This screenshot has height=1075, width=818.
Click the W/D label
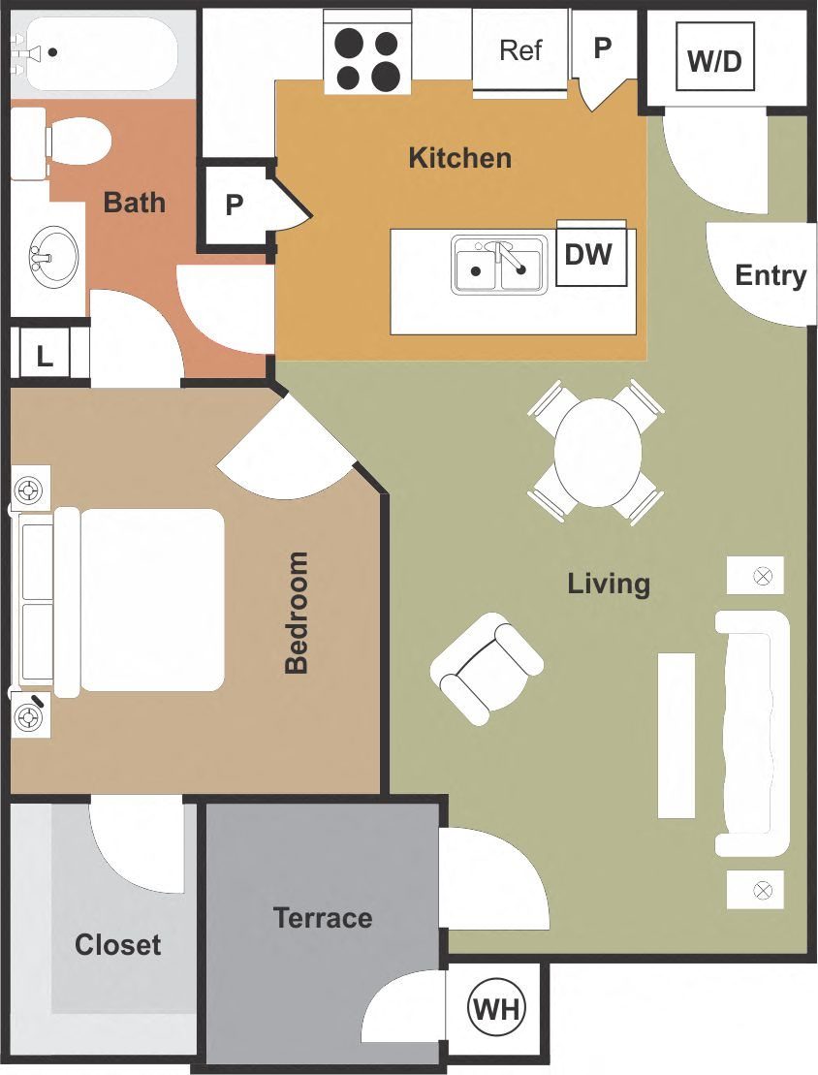click(x=714, y=61)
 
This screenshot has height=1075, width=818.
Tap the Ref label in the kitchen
click(x=520, y=49)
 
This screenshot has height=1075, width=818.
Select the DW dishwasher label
click(x=588, y=254)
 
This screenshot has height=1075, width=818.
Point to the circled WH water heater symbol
click(x=497, y=1010)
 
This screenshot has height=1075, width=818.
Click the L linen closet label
click(x=45, y=356)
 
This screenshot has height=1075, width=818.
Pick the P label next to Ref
click(x=603, y=47)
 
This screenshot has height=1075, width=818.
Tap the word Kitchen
click(x=459, y=157)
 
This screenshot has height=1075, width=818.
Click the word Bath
click(x=135, y=203)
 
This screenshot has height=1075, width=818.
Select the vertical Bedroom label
click(x=297, y=612)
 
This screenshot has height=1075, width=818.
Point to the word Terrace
click(x=322, y=917)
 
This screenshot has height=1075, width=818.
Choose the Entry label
click(x=771, y=275)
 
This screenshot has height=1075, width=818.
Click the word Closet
click(x=117, y=944)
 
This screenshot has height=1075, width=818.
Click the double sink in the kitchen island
click(x=498, y=265)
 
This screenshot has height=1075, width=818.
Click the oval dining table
click(x=598, y=453)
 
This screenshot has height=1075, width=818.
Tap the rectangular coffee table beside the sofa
click(x=676, y=735)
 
